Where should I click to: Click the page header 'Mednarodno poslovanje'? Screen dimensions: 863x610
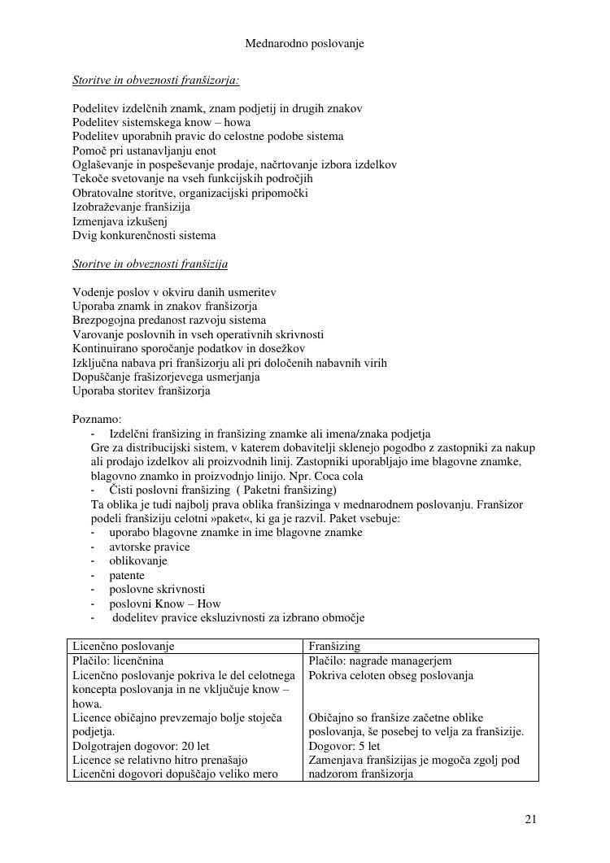[304, 44]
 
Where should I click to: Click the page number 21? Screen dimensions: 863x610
[530, 819]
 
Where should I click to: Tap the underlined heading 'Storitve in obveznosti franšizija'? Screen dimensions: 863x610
[150, 264]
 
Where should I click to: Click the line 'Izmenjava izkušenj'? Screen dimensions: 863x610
[120, 221]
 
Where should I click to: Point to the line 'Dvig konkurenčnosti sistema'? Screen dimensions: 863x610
[144, 236]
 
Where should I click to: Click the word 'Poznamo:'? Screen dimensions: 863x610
[97, 420]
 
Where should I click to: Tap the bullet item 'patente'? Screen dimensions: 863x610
[127, 575]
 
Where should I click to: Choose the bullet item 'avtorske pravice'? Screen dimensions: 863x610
[150, 547]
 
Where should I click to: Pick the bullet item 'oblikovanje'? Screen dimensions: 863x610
[138, 561]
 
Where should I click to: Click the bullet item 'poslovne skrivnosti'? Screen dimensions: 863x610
[157, 589]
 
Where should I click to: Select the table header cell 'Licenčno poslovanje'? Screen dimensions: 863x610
[124, 647]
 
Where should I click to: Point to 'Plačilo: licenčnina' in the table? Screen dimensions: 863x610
[118, 661]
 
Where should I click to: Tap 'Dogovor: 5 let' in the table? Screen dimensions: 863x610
[345, 746]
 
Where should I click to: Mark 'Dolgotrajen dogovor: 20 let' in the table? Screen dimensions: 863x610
[141, 746]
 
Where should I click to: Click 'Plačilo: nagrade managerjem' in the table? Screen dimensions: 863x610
[380, 661]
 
